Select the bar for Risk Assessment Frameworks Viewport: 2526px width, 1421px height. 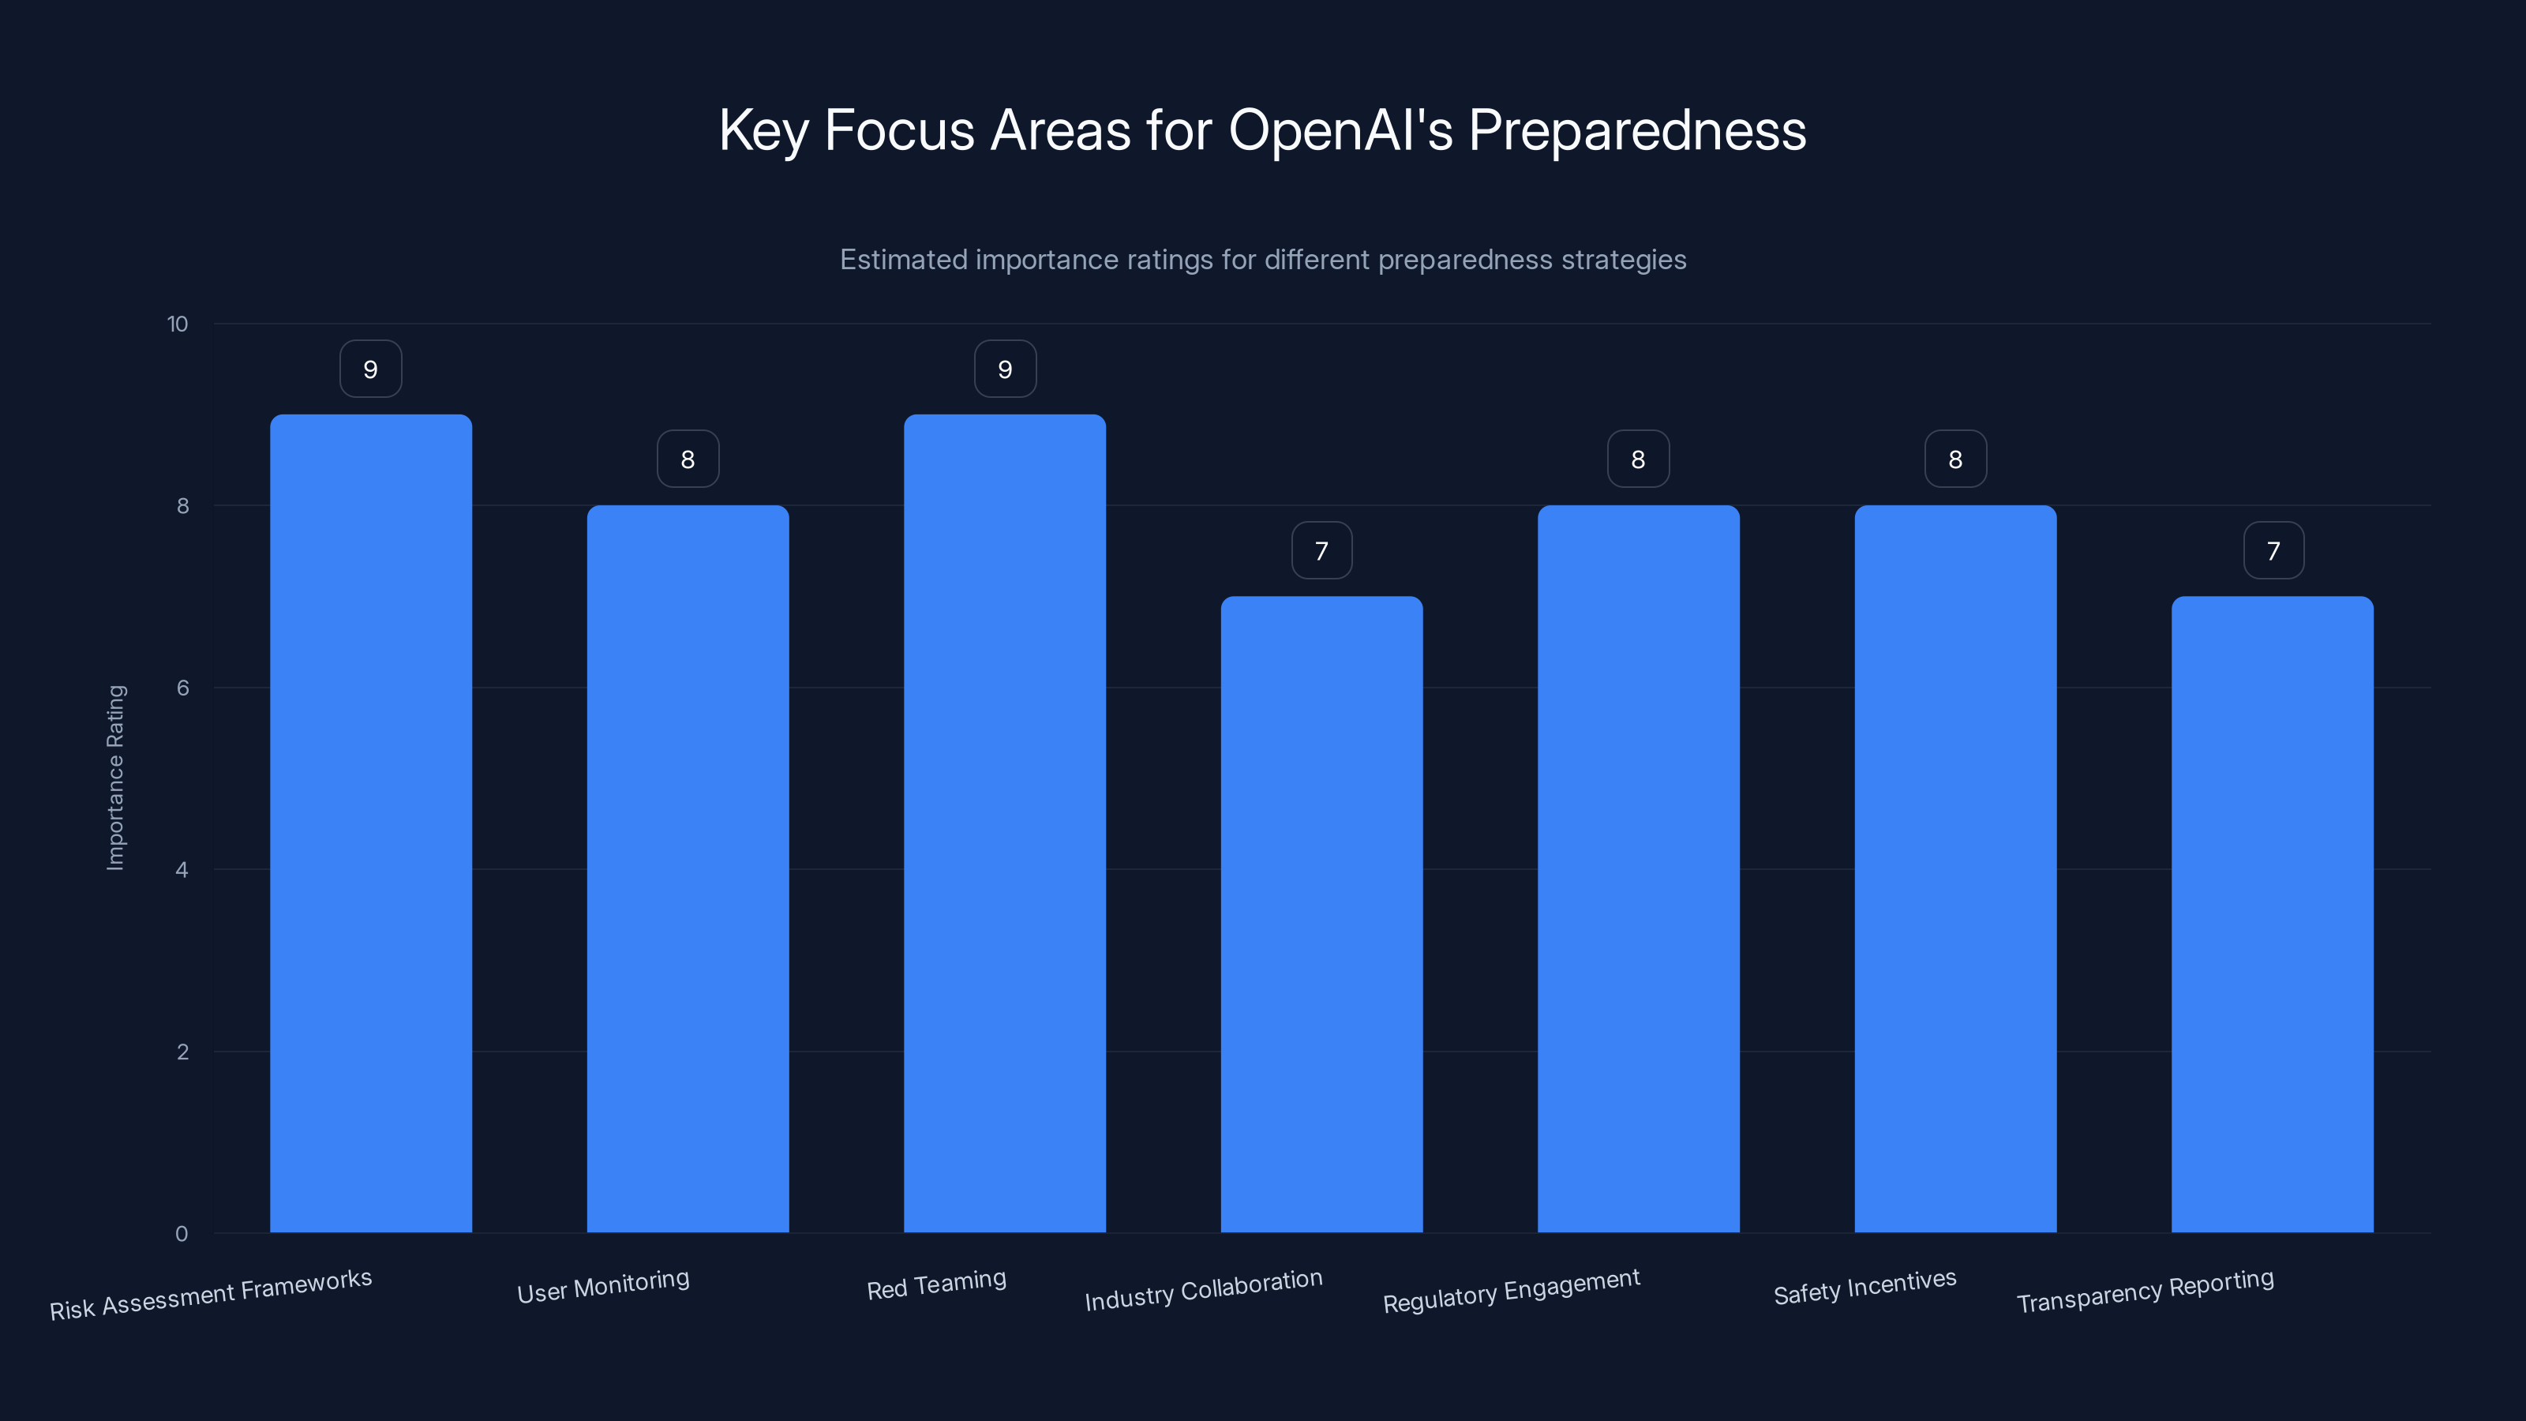pos(371,823)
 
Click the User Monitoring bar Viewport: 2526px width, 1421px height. pos(688,869)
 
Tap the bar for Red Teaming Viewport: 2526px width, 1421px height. pos(1004,823)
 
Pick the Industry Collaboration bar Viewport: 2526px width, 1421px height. pos(1321,914)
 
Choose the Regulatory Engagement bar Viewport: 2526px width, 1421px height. pos(1638,869)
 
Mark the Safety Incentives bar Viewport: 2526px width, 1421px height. pos(1954,869)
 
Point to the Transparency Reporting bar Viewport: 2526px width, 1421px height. pos(2272,914)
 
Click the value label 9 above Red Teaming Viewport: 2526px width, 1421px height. pos(1004,369)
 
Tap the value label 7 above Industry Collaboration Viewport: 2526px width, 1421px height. pos(1321,551)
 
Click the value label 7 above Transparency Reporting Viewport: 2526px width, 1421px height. pos(2273,551)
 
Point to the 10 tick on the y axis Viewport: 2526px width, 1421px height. pos(178,324)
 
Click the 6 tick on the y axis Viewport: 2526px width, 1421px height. pos(182,688)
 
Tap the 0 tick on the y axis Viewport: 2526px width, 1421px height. pos(182,1235)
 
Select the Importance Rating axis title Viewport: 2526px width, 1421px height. pos(116,778)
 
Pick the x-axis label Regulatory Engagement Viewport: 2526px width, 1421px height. pos(1511,1292)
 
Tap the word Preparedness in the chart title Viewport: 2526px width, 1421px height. pos(1636,130)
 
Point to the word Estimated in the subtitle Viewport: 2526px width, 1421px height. pos(902,260)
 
